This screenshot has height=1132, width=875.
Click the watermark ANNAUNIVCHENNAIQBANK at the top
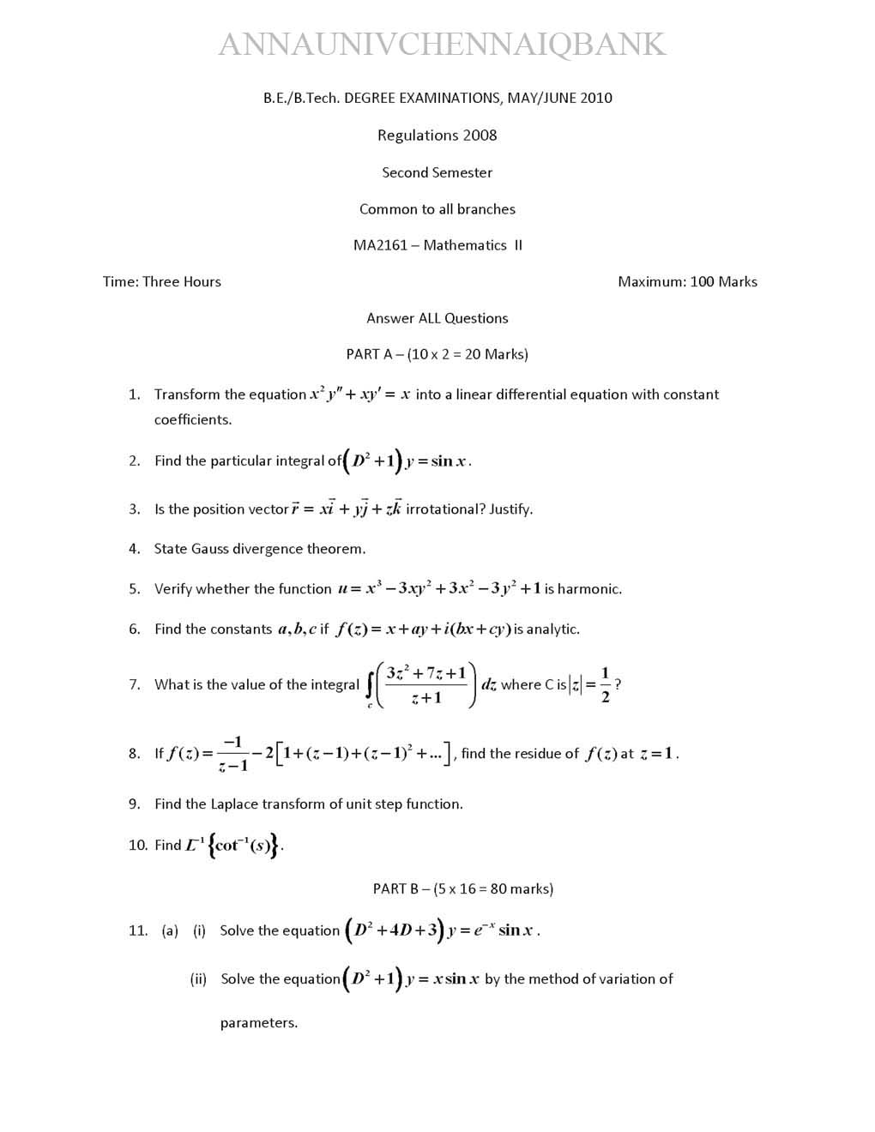coord(442,45)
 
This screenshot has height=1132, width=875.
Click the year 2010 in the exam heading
coord(596,98)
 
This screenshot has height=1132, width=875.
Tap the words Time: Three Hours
coord(162,282)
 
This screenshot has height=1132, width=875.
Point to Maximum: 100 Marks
coord(687,282)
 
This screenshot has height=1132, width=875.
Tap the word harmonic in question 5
coord(588,589)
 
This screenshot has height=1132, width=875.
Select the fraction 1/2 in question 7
coord(606,684)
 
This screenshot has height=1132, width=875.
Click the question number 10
coord(137,846)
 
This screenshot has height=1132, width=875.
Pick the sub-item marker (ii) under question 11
coord(198,979)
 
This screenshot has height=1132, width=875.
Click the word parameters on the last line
coord(258,1023)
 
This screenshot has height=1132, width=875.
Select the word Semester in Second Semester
coord(462,172)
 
